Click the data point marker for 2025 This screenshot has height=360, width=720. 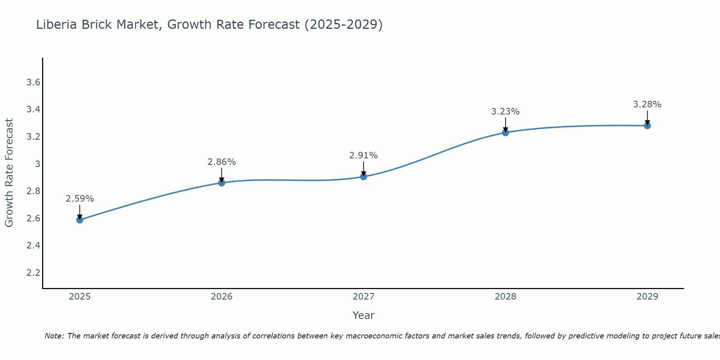80,220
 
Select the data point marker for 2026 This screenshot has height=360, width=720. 222,183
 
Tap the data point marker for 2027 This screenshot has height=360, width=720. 364,176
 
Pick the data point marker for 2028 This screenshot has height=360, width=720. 505,132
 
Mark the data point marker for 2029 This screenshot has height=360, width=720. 647,126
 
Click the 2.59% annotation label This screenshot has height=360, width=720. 80,199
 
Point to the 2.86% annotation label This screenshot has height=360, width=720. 222,162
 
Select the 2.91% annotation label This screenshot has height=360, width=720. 364,156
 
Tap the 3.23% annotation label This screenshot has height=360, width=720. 505,112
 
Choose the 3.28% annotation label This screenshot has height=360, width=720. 647,104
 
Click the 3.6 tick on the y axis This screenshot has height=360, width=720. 33,82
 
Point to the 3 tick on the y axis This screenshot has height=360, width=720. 37,164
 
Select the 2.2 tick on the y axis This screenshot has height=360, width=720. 33,273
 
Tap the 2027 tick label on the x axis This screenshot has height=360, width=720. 364,297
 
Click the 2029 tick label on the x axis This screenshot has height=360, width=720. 647,297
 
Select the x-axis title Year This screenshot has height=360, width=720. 364,315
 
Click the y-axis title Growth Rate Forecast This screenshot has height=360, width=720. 9,173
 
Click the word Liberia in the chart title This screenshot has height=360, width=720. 56,24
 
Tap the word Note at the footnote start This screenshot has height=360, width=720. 54,336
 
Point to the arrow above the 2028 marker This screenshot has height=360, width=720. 505,125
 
